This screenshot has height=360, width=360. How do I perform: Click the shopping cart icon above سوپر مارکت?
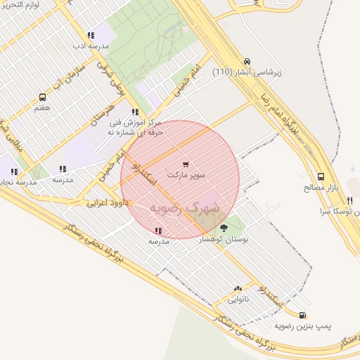click(186, 164)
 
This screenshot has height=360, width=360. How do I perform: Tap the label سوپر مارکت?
click(186, 174)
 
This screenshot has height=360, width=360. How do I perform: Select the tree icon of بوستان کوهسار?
click(224, 227)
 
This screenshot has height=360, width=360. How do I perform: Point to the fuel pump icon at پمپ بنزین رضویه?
click(302, 316)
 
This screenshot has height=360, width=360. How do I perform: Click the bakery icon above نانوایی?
click(237, 288)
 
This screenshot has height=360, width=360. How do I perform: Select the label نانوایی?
click(237, 299)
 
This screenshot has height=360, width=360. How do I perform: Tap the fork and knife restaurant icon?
click(349, 201)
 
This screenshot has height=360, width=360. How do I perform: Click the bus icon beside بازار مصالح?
click(321, 177)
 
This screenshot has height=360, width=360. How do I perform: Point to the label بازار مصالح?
click(321, 188)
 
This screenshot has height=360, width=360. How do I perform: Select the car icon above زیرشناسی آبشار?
click(246, 61)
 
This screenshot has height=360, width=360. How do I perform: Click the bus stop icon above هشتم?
click(42, 98)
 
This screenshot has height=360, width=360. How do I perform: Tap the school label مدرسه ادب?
click(91, 46)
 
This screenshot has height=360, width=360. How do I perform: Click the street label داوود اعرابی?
click(105, 202)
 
